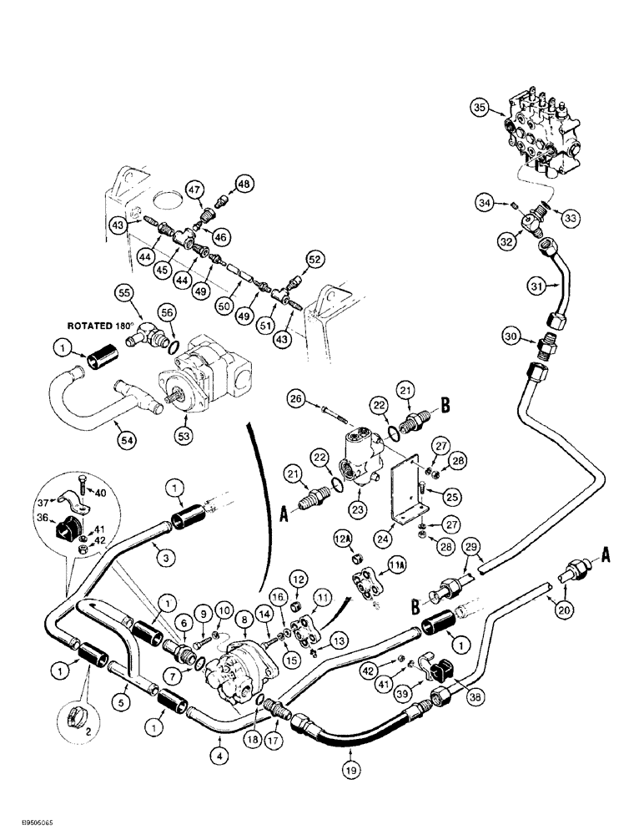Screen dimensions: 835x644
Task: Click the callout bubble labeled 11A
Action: [x=397, y=569]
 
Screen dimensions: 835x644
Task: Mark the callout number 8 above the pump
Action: [x=245, y=619]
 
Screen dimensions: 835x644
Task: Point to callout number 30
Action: [x=511, y=336]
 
